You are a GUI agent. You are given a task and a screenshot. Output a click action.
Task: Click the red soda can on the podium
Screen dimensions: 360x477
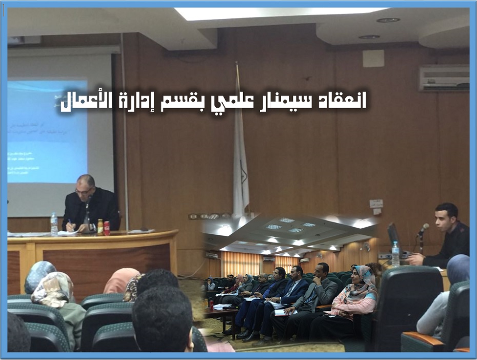tap(107, 228)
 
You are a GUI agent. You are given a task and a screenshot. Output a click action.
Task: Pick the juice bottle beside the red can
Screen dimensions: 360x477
tap(100, 227)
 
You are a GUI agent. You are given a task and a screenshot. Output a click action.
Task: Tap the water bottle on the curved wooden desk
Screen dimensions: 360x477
tap(54, 224)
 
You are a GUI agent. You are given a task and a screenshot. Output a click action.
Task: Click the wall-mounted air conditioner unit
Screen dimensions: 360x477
tap(444, 78)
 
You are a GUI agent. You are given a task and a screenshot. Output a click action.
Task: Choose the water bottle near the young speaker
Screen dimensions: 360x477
tap(395, 253)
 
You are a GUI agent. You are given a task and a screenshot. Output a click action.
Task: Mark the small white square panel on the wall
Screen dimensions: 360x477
tap(373, 58)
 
